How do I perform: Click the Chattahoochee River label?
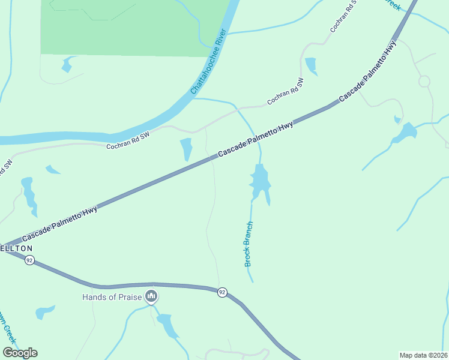click(207, 68)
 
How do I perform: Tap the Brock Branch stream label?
click(249, 244)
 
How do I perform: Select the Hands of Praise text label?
click(112, 297)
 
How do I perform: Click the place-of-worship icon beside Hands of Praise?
click(151, 296)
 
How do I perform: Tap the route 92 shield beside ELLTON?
click(29, 260)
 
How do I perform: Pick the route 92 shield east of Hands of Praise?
click(222, 292)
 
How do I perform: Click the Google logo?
click(20, 353)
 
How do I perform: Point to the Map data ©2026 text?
click(423, 355)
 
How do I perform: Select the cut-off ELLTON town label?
click(16, 248)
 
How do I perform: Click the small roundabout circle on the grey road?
click(424, 81)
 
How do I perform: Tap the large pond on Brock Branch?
click(260, 183)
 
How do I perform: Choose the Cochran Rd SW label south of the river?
click(128, 142)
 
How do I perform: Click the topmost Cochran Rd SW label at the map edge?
click(344, 16)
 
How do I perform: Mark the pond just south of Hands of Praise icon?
click(167, 326)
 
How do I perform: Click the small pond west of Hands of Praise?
click(44, 312)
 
